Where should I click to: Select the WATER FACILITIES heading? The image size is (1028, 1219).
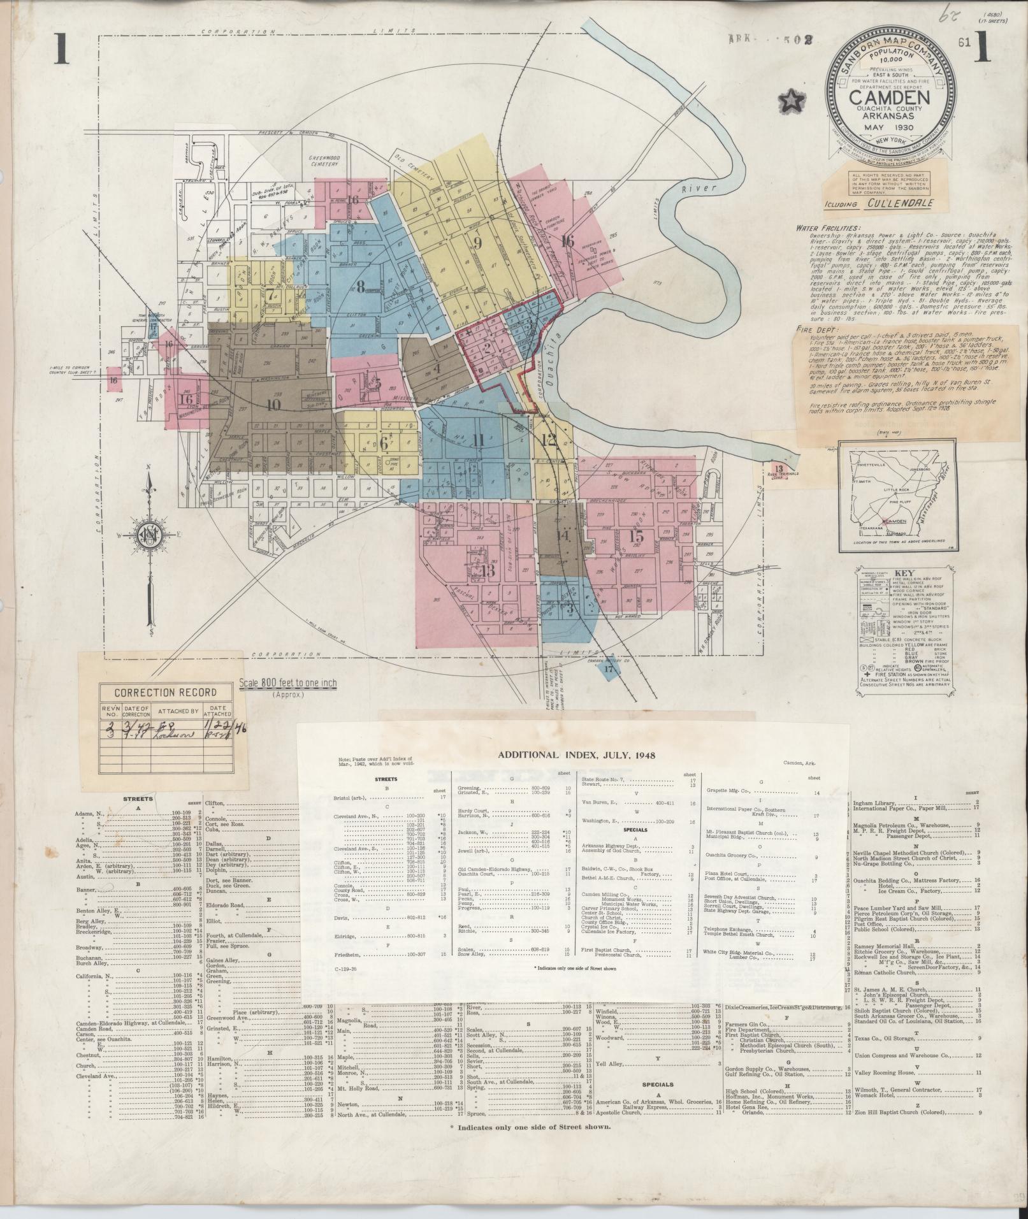click(x=827, y=227)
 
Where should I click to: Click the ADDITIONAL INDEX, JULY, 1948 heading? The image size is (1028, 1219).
click(x=577, y=754)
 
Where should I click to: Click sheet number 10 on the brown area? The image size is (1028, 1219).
click(x=273, y=404)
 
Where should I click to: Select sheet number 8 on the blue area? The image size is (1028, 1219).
click(x=360, y=287)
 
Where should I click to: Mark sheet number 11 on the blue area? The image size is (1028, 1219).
click(x=479, y=439)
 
